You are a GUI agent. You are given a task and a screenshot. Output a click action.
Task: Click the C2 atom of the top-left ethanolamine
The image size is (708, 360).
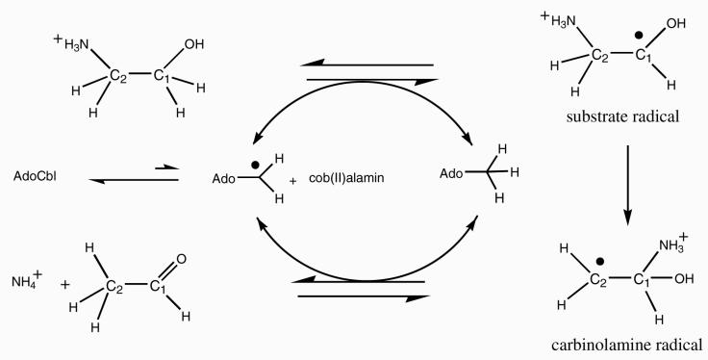point(119,73)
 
